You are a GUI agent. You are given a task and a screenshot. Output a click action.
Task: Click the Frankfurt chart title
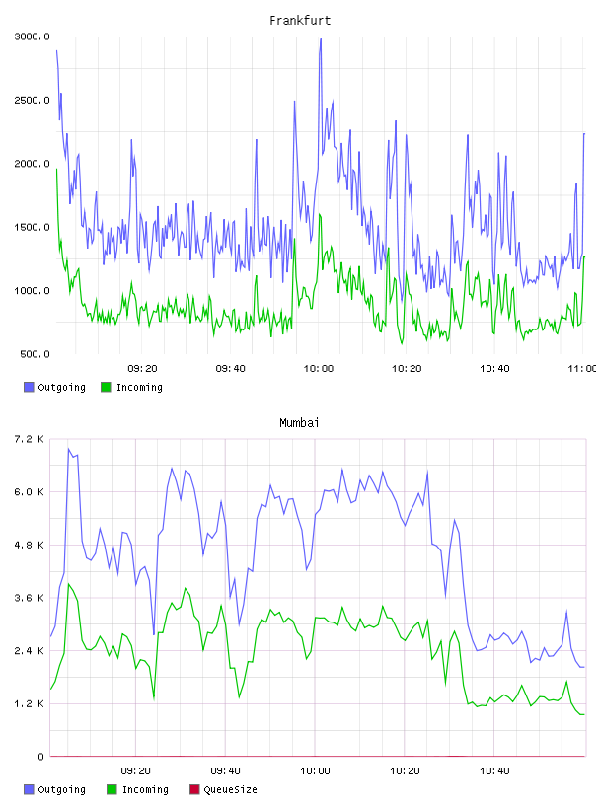pyautogui.click(x=300, y=21)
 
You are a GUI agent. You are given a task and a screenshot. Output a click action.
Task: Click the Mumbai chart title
pyautogui.click(x=299, y=423)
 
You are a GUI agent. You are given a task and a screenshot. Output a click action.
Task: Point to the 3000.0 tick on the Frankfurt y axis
pyautogui.click(x=32, y=37)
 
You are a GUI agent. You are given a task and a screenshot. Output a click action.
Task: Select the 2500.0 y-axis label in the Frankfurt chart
pyautogui.click(x=32, y=100)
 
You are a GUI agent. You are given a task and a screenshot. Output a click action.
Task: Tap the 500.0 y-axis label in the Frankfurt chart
pyautogui.click(x=35, y=354)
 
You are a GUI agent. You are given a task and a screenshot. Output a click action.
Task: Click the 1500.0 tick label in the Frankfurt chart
pyautogui.click(x=32, y=228)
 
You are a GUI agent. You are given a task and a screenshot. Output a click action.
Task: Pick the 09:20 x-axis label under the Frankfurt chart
pyautogui.click(x=142, y=369)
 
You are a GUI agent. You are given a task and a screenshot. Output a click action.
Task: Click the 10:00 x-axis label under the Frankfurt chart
pyautogui.click(x=319, y=369)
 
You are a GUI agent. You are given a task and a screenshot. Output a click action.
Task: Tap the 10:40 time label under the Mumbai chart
pyautogui.click(x=494, y=771)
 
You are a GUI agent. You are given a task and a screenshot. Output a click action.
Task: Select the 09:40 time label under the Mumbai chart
pyautogui.click(x=226, y=771)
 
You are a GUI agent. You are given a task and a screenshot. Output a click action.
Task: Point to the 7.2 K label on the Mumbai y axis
pyautogui.click(x=30, y=439)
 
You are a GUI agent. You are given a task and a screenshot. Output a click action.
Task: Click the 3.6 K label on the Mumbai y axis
pyautogui.click(x=30, y=598)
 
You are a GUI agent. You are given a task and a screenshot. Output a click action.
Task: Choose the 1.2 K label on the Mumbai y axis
pyautogui.click(x=30, y=703)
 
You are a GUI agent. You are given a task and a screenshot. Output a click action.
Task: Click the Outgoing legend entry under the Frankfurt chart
pyautogui.click(x=54, y=387)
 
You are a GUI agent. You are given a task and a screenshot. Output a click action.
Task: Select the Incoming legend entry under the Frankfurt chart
pyautogui.click(x=131, y=387)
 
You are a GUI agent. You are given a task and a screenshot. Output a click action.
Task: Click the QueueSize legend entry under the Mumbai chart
pyautogui.click(x=223, y=789)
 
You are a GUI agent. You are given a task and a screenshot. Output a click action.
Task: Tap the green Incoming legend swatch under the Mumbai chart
pyautogui.click(x=112, y=789)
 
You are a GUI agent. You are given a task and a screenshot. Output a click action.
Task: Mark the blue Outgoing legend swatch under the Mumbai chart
pyautogui.click(x=29, y=789)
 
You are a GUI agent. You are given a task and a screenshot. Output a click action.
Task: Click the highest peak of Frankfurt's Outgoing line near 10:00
pyautogui.click(x=321, y=39)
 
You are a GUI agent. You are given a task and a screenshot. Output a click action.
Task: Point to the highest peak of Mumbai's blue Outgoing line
pyautogui.click(x=68, y=449)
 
